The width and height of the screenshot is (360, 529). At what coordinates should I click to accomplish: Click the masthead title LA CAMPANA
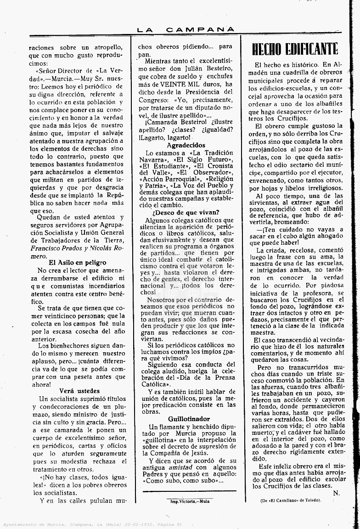click(x=186, y=29)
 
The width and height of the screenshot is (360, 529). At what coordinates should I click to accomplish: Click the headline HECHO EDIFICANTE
click(x=295, y=49)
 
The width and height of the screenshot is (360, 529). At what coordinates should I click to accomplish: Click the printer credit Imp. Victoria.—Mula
click(x=188, y=501)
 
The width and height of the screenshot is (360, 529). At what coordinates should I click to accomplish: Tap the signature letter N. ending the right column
click(x=336, y=493)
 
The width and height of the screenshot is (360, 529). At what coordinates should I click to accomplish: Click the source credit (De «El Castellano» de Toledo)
click(x=291, y=500)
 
